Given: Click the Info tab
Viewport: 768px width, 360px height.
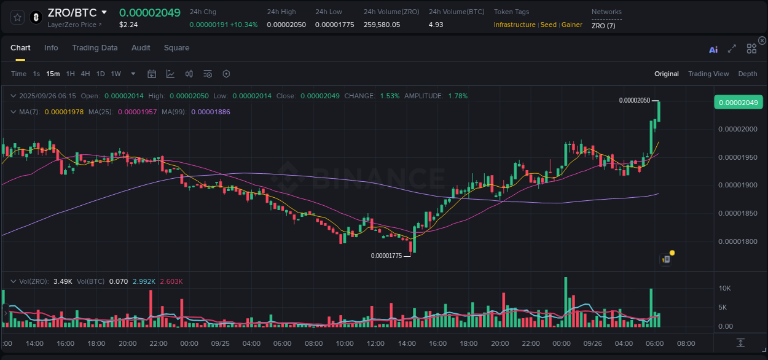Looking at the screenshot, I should point(51,48).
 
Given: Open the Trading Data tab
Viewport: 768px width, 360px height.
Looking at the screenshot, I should point(95,48).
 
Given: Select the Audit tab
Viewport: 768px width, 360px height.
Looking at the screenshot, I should point(141,48).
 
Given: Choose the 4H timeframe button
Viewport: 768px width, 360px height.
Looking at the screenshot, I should point(85,74).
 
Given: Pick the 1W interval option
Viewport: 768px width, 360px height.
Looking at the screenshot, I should point(116,74).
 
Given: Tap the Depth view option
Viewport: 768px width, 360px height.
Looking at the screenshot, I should point(747,74).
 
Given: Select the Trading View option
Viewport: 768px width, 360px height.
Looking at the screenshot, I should point(708,74).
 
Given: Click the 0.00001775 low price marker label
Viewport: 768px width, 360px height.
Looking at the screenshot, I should point(386,256).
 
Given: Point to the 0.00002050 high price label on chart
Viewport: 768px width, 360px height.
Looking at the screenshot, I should point(634,100).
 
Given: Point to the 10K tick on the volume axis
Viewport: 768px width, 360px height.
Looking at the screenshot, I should point(724,288).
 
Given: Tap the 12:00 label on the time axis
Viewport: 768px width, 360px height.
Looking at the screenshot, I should point(375,343).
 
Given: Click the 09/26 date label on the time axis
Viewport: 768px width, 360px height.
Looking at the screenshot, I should point(592,343).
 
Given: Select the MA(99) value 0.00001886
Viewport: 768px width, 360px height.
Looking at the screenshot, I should point(211,112).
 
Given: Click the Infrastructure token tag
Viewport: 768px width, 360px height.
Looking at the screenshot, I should point(514,25).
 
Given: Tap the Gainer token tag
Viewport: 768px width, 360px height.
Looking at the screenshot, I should point(571,25).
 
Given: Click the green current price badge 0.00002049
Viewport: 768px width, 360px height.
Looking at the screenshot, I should point(738,102).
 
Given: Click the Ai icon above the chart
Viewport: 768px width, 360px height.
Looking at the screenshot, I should point(713,50).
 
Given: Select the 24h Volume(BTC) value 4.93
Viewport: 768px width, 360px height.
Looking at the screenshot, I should point(436,25).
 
